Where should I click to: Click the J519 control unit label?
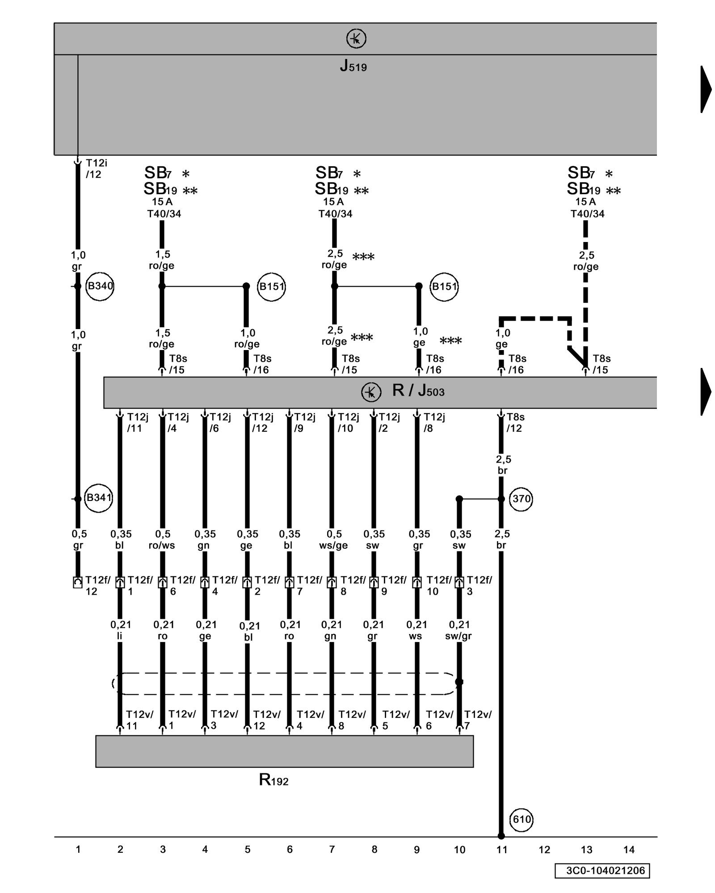pyautogui.click(x=353, y=66)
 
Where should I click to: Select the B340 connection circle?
pyautogui.click(x=100, y=286)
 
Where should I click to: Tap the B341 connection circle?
pyautogui.click(x=99, y=497)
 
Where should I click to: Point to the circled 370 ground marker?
pyautogui.click(x=521, y=498)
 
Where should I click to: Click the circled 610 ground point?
pyautogui.click(x=522, y=819)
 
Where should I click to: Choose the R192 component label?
pyautogui.click(x=273, y=780)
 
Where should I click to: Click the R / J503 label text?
pyautogui.click(x=418, y=391)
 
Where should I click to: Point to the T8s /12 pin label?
pyautogui.click(x=515, y=422)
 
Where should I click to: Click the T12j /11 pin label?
pyautogui.click(x=137, y=422)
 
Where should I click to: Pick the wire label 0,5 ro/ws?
pyautogui.click(x=162, y=539)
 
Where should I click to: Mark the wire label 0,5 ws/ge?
pyautogui.click(x=333, y=539)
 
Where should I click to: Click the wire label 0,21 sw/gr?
pyautogui.click(x=459, y=630)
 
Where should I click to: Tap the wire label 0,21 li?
pyautogui.click(x=120, y=630)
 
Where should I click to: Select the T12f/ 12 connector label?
pyautogui.click(x=97, y=585)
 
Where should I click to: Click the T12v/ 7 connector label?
pyautogui.click(x=477, y=720)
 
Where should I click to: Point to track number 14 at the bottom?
pyautogui.click(x=629, y=850)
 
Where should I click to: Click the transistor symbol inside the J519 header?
pyautogui.click(x=356, y=39)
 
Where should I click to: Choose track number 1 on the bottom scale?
pyautogui.click(x=78, y=850)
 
